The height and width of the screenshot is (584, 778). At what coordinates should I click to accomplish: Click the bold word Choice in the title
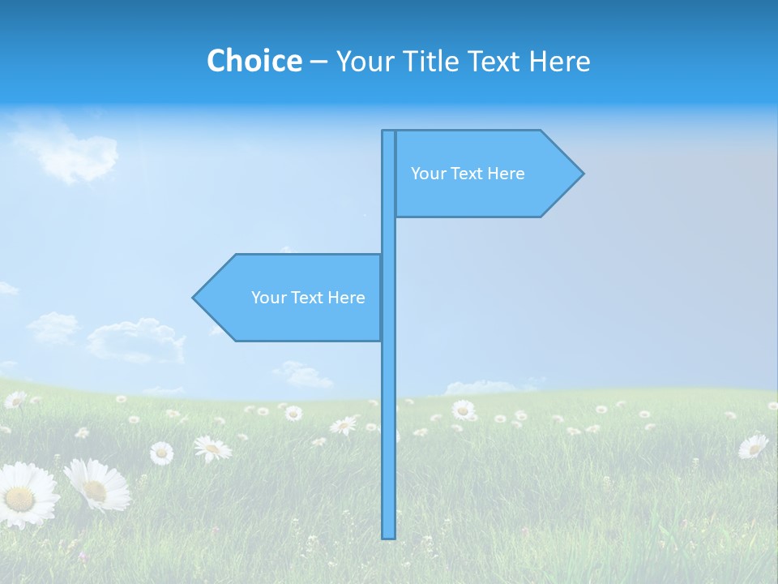coord(254,61)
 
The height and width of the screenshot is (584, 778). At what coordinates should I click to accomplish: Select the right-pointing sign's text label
coord(468,174)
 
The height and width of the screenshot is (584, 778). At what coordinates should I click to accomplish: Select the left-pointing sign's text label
coord(308,298)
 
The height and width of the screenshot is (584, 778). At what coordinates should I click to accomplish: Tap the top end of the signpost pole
coord(389,132)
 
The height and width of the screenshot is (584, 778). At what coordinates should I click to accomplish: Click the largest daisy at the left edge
coord(24,495)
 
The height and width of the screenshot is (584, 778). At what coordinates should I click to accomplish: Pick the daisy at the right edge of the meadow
coord(753,445)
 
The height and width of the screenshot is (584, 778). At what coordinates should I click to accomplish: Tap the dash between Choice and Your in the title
coord(318,61)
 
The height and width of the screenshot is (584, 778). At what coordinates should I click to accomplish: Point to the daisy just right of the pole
coord(464,410)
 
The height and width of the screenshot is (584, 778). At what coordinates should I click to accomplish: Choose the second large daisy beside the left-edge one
coord(97,484)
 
